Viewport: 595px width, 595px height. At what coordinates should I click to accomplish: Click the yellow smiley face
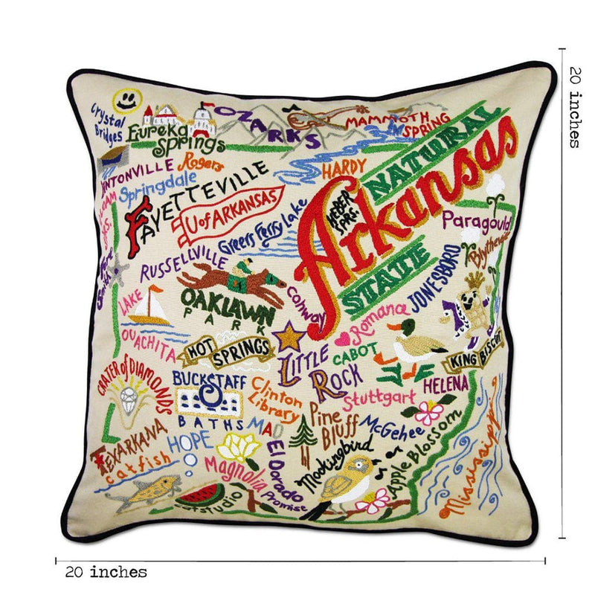(x=125, y=100)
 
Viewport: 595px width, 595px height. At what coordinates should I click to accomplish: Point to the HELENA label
(x=446, y=385)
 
